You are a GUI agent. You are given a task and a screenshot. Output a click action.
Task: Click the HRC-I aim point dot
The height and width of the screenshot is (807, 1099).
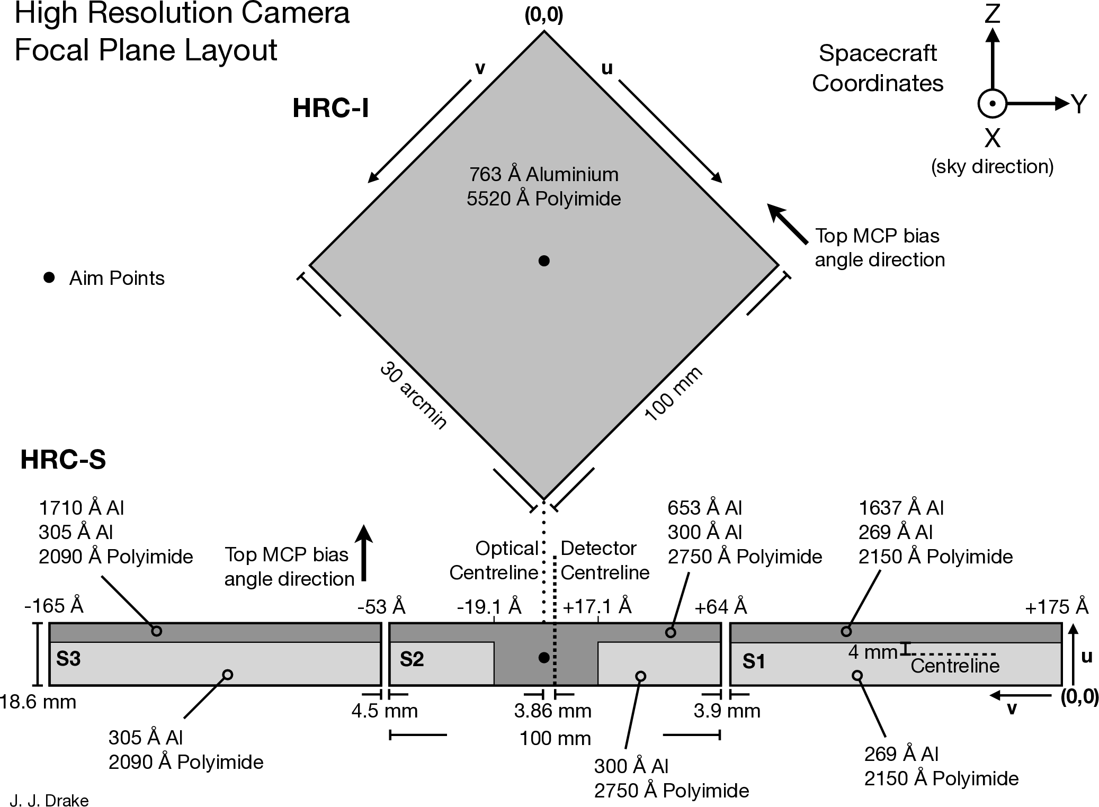[544, 261]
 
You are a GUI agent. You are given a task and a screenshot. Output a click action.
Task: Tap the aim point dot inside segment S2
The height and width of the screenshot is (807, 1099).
[544, 658]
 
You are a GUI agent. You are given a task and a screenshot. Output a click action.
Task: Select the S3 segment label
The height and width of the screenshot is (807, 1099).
[68, 659]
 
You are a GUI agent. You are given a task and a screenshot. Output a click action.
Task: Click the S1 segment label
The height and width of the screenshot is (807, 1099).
[754, 661]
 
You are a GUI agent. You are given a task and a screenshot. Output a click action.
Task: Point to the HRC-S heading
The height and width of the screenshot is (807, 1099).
[63, 459]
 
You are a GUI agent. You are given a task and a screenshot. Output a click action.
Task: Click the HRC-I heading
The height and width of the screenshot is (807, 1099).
[330, 108]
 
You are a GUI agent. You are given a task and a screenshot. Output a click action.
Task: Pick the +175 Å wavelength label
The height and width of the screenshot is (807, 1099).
[1057, 607]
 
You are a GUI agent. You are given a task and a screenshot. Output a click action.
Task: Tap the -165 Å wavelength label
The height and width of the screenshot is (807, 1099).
[54, 606]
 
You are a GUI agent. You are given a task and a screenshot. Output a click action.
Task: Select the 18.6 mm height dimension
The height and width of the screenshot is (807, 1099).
[38, 702]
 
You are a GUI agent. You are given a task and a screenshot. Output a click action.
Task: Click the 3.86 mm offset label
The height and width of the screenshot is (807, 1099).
[552, 711]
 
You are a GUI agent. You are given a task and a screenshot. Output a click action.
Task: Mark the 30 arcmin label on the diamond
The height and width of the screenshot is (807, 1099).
[414, 396]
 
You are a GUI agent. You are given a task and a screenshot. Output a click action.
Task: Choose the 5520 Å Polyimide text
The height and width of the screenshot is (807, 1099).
[544, 199]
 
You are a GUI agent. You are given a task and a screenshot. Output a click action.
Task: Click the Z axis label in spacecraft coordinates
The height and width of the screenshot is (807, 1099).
[992, 13]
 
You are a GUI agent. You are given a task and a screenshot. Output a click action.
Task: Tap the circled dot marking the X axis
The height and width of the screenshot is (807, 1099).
[992, 104]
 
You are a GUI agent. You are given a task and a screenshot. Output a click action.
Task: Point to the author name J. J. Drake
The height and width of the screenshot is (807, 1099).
[49, 800]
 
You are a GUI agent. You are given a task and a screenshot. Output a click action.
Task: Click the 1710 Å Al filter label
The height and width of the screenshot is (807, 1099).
[82, 508]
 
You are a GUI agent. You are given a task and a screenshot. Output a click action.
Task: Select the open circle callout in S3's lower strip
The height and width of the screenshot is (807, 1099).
[228, 675]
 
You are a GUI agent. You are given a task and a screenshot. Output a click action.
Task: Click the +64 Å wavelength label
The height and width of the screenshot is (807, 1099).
[720, 607]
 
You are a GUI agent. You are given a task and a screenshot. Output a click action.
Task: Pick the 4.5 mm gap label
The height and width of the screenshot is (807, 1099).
[385, 711]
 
